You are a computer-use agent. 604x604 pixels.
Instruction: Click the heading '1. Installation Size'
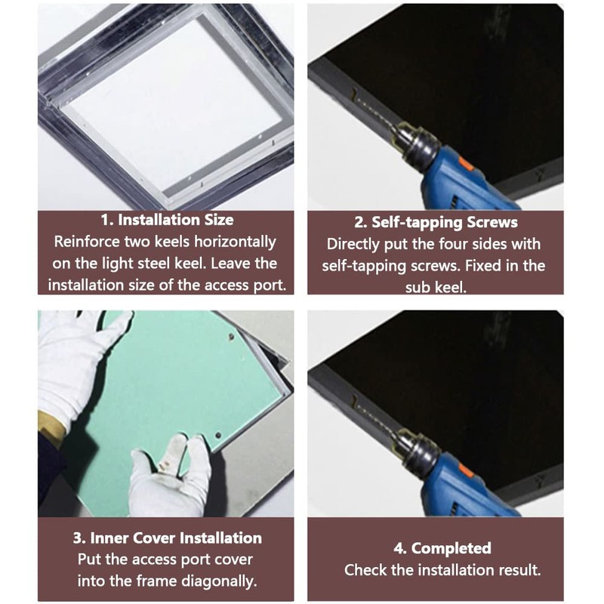(x=167, y=220)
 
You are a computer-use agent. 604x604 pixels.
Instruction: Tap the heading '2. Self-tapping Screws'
(x=436, y=222)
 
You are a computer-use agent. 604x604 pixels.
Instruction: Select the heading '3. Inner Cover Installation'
(x=167, y=538)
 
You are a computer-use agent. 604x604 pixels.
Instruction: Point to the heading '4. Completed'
(x=442, y=548)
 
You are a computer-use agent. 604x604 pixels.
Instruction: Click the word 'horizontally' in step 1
(x=235, y=242)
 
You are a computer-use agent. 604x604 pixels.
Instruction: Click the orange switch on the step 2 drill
(x=466, y=166)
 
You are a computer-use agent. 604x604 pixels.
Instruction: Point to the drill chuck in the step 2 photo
(x=419, y=143)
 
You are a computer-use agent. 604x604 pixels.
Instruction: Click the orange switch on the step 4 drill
(x=466, y=473)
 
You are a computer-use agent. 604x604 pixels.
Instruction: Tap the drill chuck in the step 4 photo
(x=419, y=450)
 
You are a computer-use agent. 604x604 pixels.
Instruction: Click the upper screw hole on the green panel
(x=232, y=337)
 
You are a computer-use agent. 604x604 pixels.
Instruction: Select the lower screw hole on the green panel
(x=218, y=436)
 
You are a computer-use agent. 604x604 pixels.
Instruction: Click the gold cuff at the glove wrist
(x=51, y=429)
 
